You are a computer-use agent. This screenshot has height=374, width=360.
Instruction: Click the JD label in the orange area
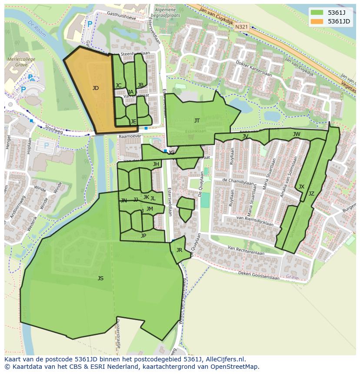tap(96, 88)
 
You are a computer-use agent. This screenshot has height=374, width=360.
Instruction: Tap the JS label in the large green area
tap(100, 278)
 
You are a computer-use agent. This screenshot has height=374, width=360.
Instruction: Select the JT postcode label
tap(197, 121)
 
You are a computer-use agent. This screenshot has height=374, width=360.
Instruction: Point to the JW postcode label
tap(297, 134)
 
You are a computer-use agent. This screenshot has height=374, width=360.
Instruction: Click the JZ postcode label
tap(311, 194)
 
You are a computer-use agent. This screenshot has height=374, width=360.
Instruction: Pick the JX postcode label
tap(301, 187)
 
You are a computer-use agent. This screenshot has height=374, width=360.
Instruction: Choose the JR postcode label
tap(179, 250)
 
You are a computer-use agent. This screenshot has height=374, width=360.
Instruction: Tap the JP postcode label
tap(143, 236)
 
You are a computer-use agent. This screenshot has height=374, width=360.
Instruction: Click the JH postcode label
tap(156, 164)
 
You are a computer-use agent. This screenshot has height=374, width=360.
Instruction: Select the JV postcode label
tap(245, 136)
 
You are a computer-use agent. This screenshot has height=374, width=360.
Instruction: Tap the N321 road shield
tap(242, 27)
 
